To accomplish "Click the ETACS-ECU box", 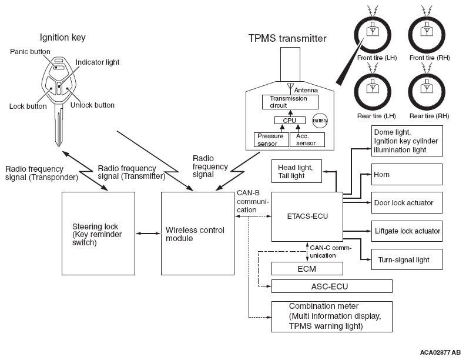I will point(307,216).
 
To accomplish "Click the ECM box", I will point(307,269).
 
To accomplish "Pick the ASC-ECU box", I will point(331,286).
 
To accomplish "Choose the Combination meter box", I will point(331,316).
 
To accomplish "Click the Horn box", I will point(407,175).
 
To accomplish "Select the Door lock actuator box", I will point(407,203).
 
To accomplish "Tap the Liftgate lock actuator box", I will point(407,231).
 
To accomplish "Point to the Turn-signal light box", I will point(407,259).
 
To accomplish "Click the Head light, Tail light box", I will point(300,171).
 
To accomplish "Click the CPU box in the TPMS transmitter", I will point(290,121).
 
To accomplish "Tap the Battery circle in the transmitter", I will point(320,120).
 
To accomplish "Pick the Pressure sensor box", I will point(270,139).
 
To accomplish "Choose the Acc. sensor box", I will point(307,139).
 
